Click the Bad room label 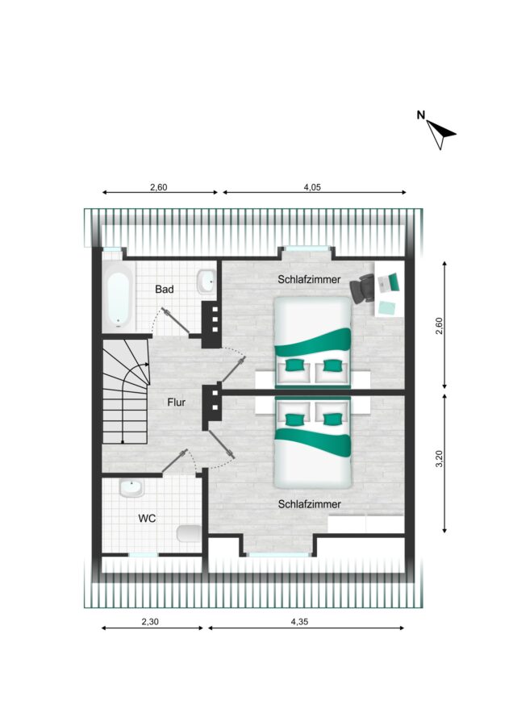[x=165, y=290]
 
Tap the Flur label [x=177, y=403]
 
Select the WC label [x=147, y=518]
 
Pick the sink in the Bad [x=206, y=281]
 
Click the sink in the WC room [x=132, y=487]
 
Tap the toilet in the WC [x=190, y=534]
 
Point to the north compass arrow [x=440, y=134]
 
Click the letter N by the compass [x=421, y=115]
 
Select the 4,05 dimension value [x=312, y=187]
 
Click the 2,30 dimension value [x=150, y=621]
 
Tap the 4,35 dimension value [x=299, y=621]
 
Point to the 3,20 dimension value [x=440, y=459]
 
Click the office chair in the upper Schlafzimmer [x=362, y=289]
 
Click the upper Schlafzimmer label [x=309, y=280]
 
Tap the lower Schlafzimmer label [x=309, y=504]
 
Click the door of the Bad [x=176, y=320]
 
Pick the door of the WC [x=174, y=461]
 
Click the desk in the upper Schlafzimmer [x=388, y=289]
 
